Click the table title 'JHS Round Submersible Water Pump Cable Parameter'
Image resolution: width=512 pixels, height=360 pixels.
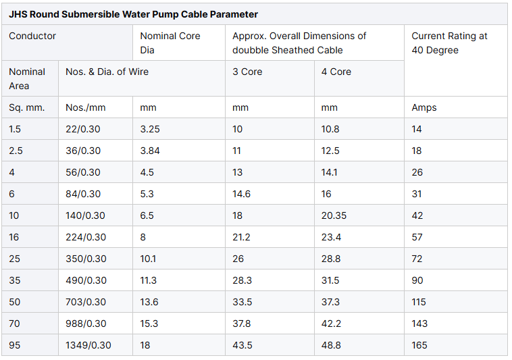[133, 14]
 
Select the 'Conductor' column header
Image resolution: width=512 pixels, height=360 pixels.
[32, 36]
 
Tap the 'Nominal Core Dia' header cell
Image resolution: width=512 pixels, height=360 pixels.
[170, 43]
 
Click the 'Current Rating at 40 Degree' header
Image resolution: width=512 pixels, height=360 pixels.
[449, 43]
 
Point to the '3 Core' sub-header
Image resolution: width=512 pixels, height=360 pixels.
[247, 72]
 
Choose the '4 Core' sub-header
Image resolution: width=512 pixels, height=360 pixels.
[336, 72]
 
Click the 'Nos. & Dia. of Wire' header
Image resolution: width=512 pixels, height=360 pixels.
[107, 72]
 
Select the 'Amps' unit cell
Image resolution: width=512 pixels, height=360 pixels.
[424, 107]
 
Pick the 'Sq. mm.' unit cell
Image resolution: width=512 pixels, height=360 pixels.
[26, 107]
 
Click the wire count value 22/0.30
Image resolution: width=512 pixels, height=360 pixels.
[83, 129]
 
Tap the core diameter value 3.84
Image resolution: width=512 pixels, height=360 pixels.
[150, 151]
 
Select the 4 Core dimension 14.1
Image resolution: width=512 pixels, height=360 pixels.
[330, 172]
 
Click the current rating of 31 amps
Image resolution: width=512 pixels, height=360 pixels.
[417, 194]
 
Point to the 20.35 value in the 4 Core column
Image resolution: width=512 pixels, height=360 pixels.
[334, 215]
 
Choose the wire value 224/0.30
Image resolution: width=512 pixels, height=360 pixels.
[86, 237]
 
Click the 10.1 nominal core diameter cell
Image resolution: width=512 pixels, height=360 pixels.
[149, 259]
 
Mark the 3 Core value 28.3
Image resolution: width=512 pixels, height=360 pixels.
[242, 280]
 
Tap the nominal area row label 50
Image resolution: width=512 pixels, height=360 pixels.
[14, 302]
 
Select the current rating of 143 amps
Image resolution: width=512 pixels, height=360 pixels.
[419, 324]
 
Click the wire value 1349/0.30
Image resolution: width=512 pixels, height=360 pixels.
[88, 345]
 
